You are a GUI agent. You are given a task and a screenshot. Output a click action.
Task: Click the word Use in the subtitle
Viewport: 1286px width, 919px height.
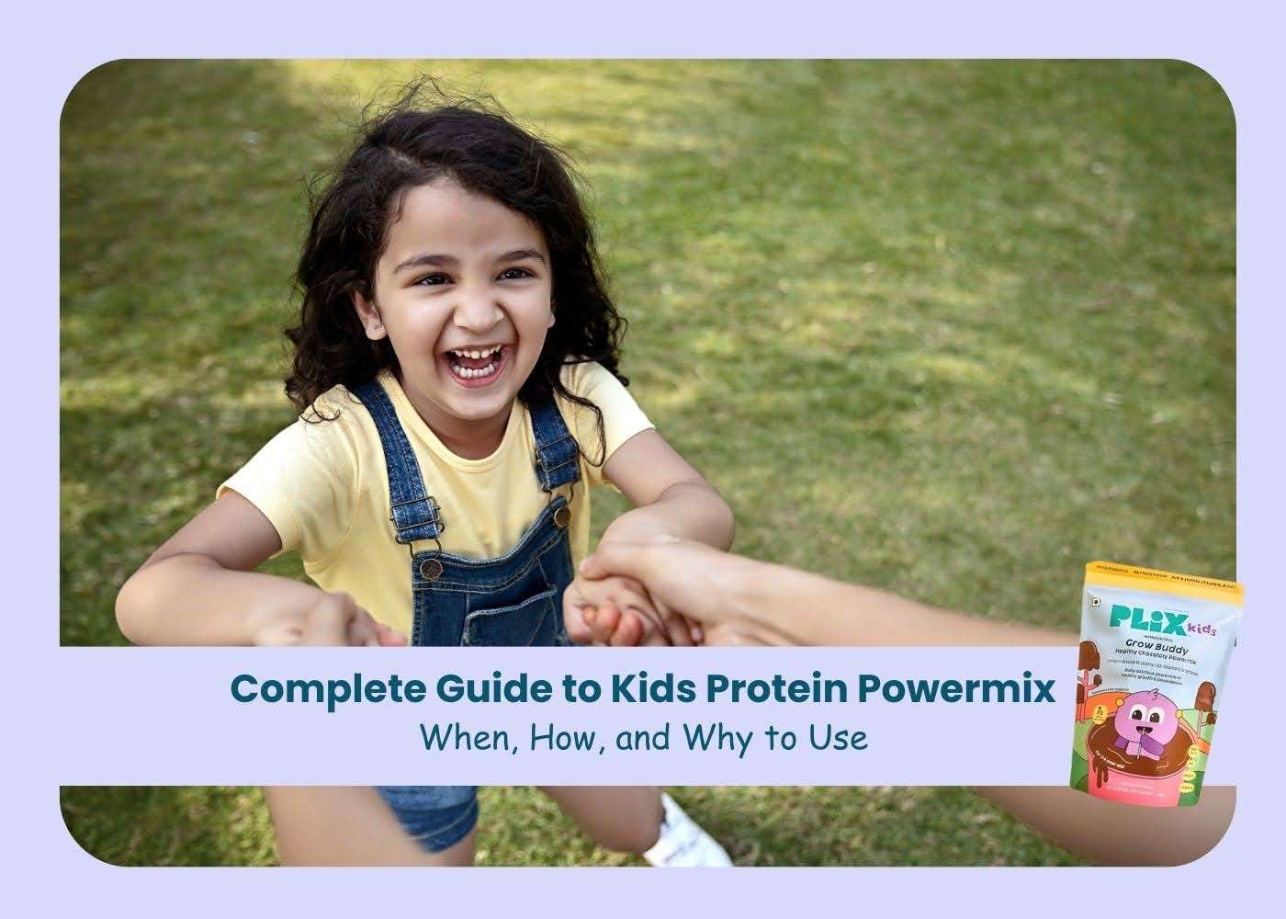point(842,737)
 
